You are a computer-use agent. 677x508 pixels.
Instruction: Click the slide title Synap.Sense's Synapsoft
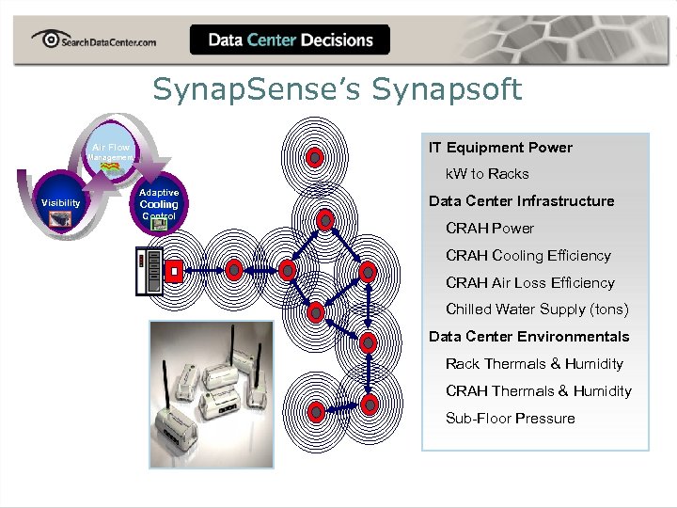tap(338, 90)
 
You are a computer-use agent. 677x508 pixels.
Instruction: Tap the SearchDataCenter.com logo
tap(93, 40)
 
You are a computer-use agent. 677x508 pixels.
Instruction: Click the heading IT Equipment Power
tap(500, 148)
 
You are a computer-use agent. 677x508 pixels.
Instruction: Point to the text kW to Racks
tap(487, 174)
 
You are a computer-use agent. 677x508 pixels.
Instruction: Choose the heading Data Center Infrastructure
tap(521, 201)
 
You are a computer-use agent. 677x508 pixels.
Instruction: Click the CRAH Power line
tap(489, 229)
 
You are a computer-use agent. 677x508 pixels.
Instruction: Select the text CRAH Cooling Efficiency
tap(527, 256)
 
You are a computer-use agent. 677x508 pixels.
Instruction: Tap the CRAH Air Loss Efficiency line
tap(529, 283)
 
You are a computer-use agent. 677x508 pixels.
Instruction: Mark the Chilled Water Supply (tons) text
tap(537, 310)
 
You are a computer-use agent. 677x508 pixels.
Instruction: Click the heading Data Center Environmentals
tap(528, 337)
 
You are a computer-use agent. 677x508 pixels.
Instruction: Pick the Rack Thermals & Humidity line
tap(534, 364)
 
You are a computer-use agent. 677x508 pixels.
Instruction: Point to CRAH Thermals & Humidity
tap(538, 391)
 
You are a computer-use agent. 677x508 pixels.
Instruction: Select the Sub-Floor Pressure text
tap(510, 419)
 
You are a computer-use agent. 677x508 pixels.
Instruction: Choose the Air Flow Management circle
tap(111, 151)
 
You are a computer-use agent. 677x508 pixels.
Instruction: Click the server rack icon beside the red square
tap(150, 272)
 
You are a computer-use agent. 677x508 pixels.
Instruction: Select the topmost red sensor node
tap(315, 156)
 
